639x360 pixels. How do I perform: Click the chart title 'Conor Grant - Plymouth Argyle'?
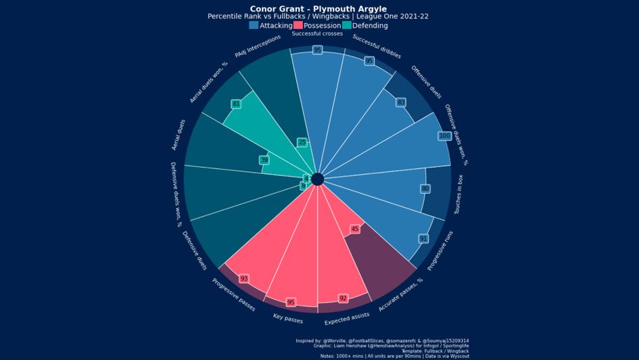(x=318, y=9)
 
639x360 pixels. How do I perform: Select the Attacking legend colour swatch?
(x=254, y=25)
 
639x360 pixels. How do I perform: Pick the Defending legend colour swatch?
(x=347, y=25)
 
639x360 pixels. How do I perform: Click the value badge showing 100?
(x=444, y=136)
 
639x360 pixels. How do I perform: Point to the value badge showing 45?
(x=355, y=229)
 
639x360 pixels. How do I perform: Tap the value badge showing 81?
(x=236, y=104)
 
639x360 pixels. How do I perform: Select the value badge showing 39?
(x=264, y=160)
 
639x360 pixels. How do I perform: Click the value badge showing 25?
(x=302, y=142)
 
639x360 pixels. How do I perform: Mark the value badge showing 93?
(x=244, y=279)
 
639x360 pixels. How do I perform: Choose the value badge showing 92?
(x=344, y=298)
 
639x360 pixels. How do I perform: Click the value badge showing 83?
(x=401, y=102)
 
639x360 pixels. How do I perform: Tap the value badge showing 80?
(x=425, y=188)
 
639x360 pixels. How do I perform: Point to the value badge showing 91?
(x=423, y=239)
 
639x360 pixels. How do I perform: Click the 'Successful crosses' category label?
(x=317, y=33)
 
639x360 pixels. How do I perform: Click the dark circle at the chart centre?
(x=317, y=179)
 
